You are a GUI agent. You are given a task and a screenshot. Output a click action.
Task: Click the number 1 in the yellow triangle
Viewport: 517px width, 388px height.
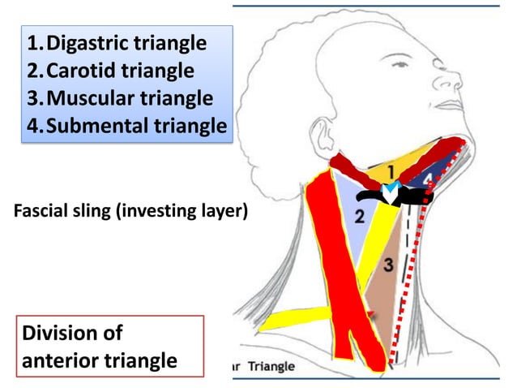(390, 172)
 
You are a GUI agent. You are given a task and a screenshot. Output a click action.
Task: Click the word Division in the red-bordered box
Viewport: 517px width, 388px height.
(61, 334)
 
